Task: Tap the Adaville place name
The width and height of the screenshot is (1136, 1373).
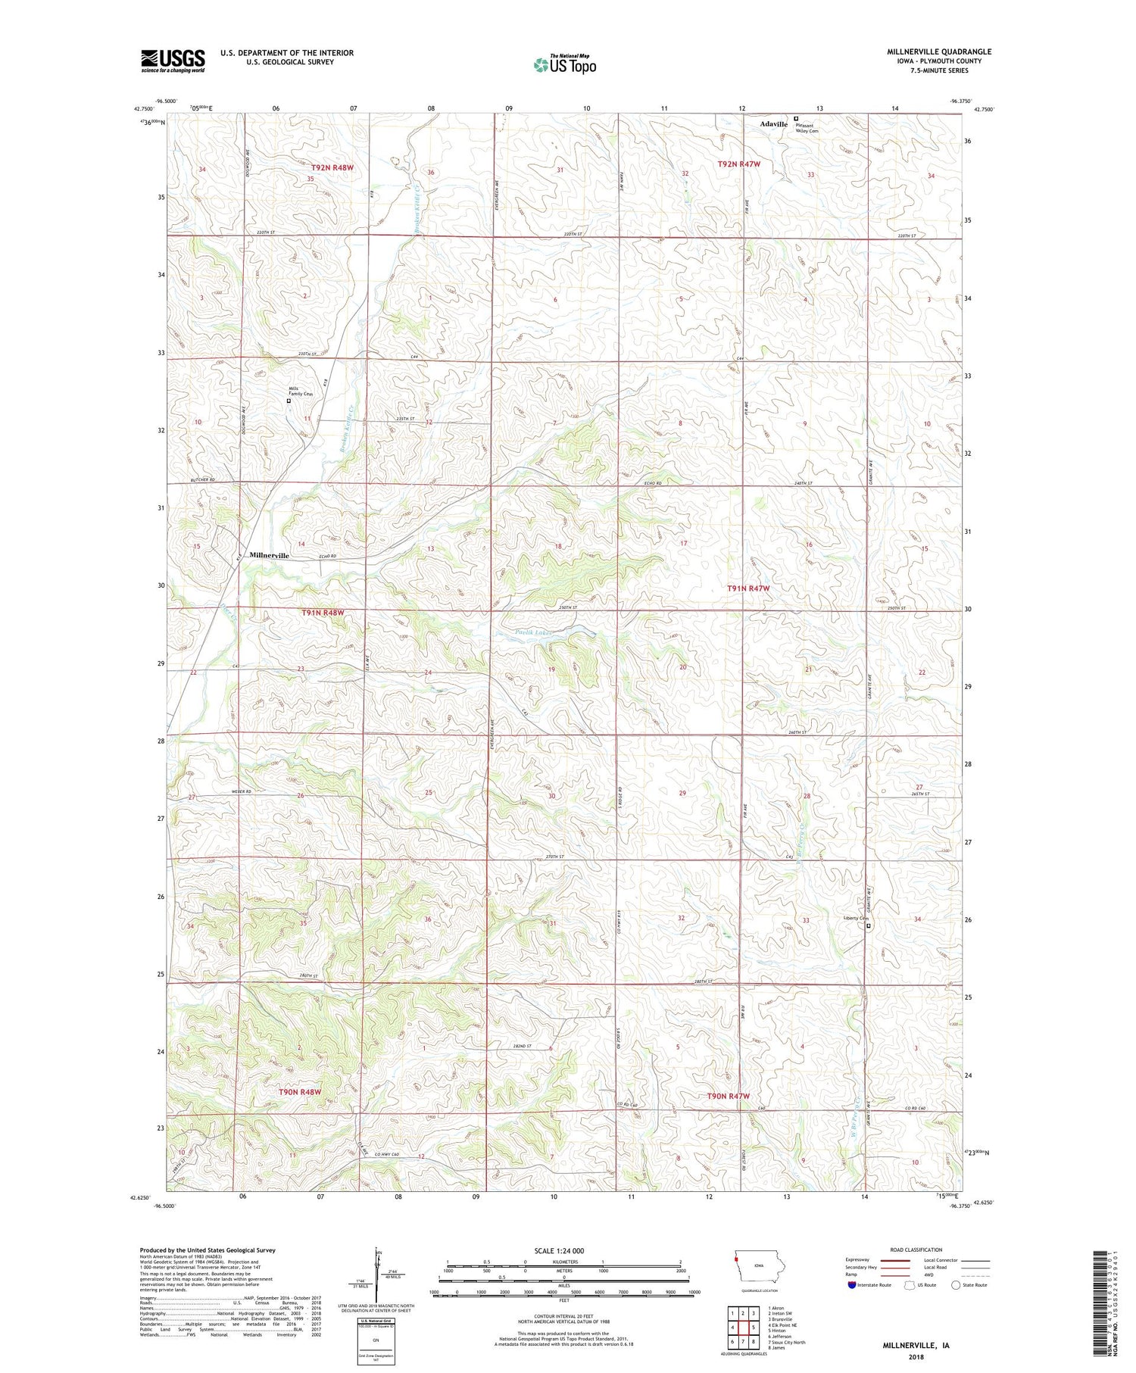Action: [775, 123]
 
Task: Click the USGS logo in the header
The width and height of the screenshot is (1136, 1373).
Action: [173, 61]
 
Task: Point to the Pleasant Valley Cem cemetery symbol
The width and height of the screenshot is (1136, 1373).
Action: [796, 118]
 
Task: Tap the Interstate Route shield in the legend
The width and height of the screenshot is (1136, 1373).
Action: [851, 1285]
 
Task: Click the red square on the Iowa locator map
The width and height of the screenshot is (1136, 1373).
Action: [735, 1260]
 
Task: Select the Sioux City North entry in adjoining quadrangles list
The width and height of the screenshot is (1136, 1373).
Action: [786, 1342]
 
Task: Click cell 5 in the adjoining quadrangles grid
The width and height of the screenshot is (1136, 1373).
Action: [754, 1328]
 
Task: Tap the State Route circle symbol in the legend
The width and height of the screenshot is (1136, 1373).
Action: [957, 1284]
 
